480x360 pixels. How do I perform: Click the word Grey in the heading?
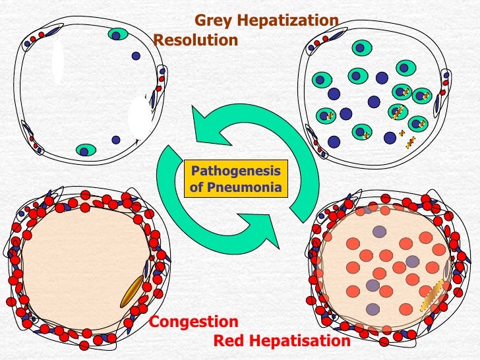point(212,21)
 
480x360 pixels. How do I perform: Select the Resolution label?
point(195,40)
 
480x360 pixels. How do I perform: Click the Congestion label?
point(194,322)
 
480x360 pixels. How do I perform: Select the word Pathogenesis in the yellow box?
point(235,172)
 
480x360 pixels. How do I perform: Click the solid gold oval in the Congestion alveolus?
point(132,291)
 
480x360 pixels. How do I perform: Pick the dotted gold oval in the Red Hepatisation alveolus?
point(432,295)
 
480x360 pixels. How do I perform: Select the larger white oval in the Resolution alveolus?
point(140,117)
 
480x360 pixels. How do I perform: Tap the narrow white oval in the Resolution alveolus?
point(58,61)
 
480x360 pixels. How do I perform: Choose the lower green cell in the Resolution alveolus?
point(86,150)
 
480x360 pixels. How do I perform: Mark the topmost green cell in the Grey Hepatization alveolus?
point(361,47)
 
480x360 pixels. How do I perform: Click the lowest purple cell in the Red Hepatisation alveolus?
point(373,309)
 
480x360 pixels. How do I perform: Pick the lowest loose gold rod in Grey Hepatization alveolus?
point(410,142)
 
